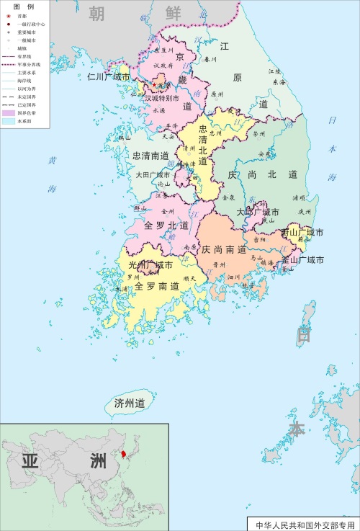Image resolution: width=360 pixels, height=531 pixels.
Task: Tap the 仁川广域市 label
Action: (x=109, y=77)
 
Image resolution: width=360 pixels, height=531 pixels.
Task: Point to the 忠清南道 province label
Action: (x=150, y=156)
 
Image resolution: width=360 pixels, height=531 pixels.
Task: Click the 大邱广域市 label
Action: (x=258, y=213)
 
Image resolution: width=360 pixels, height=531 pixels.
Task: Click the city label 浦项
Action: (x=300, y=197)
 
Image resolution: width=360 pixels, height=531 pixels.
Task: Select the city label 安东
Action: (x=264, y=153)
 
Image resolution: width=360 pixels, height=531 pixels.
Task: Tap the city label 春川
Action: (x=210, y=60)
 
